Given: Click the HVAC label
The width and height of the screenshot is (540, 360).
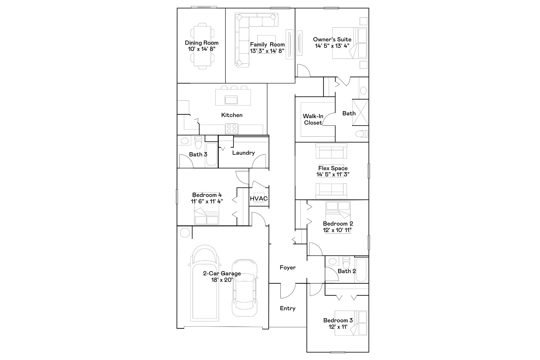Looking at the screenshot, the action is pyautogui.click(x=259, y=199).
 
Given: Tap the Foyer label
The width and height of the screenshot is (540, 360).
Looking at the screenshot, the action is pyautogui.click(x=288, y=267).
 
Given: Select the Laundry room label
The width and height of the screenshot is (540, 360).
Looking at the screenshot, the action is pyautogui.click(x=244, y=153).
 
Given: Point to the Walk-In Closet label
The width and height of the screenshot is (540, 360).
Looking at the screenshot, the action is pyautogui.click(x=313, y=119).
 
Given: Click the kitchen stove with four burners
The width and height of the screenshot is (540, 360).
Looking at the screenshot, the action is pyautogui.click(x=232, y=129).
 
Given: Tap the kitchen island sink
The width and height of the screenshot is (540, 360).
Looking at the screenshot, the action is pyautogui.click(x=231, y=100).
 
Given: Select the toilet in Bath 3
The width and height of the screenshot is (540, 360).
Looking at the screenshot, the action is pyautogui.click(x=198, y=142).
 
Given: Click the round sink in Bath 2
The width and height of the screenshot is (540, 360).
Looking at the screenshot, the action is pyautogui.click(x=333, y=261).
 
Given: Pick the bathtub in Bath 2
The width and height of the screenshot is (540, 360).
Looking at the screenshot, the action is pyautogui.click(x=361, y=270).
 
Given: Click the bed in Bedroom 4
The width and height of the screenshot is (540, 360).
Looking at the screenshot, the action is pyautogui.click(x=207, y=216).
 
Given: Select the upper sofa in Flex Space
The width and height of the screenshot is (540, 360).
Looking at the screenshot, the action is pyautogui.click(x=331, y=151).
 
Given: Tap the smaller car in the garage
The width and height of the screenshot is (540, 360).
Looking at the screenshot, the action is pyautogui.click(x=244, y=292).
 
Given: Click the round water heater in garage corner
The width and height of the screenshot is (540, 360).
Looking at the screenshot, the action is pyautogui.click(x=185, y=233).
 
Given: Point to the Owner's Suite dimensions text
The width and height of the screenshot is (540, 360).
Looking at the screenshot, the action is pyautogui.click(x=332, y=46).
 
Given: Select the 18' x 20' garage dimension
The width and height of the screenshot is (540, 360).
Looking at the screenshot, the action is pyautogui.click(x=222, y=280).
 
